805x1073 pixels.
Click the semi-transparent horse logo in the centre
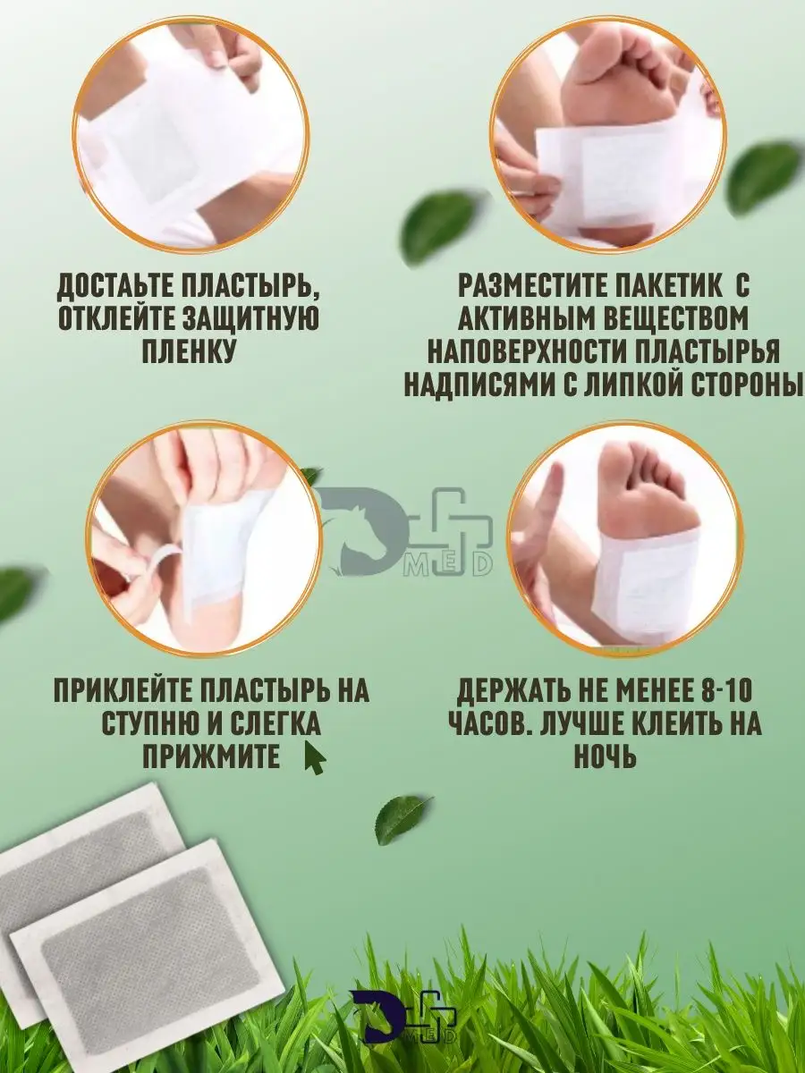(407, 532)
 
